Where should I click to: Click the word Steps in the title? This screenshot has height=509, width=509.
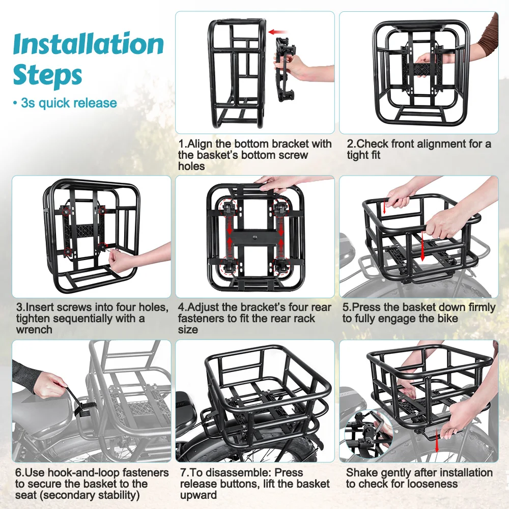pyautogui.click(x=47, y=75)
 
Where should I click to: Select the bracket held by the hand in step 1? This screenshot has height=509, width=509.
pyautogui.click(x=285, y=70)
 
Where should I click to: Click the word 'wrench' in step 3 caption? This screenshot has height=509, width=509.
pyautogui.click(x=34, y=329)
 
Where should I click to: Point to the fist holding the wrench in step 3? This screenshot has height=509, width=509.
pyautogui.click(x=118, y=262)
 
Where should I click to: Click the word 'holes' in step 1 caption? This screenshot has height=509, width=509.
pyautogui.click(x=191, y=166)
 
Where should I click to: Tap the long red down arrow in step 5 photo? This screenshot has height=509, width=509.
pyautogui.click(x=422, y=246)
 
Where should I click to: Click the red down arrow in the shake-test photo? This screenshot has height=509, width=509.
pyautogui.click(x=437, y=440)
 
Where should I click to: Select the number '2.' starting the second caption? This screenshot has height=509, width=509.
pyautogui.click(x=351, y=144)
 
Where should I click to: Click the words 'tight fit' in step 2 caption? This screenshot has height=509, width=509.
pyautogui.click(x=363, y=155)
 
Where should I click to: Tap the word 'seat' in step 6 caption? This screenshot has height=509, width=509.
pyautogui.click(x=27, y=495)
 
